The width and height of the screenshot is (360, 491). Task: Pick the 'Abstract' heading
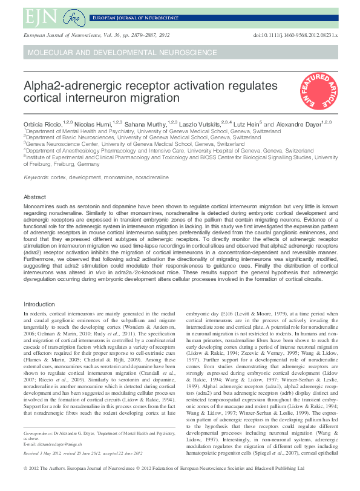34,197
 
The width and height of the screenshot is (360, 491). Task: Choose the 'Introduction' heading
39,303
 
